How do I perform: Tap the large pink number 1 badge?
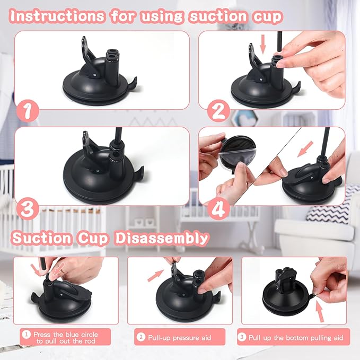coord(28,112)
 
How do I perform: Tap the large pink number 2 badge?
coord(218,112)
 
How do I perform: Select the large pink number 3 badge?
coord(28,208)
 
